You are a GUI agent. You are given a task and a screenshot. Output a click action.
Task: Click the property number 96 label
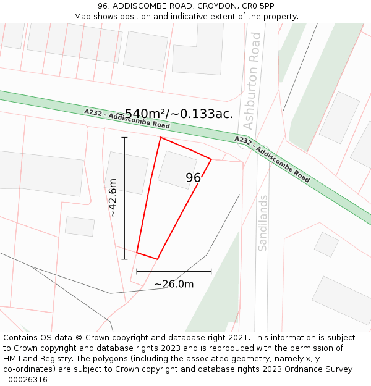pos(194,178)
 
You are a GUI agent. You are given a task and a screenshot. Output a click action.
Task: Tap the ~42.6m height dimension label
pos(113,198)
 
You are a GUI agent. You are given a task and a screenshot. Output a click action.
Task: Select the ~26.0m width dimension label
pos(174,284)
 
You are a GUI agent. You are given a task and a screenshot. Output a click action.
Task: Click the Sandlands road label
pos(263,223)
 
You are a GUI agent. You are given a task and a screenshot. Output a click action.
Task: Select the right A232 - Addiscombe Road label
pos(272,159)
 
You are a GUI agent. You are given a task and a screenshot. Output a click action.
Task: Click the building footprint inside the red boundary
pos(177,169)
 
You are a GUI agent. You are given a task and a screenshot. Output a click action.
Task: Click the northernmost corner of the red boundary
pos(160,137)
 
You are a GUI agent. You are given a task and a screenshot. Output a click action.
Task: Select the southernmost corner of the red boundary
pos(158,259)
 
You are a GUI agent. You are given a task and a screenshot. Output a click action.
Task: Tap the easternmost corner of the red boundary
pos(211,159)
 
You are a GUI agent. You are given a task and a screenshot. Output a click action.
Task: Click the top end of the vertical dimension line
pos(124,137)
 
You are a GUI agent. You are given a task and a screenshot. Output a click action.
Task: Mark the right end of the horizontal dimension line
pos(211,271)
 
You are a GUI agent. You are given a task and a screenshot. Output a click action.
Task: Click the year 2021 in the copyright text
pos(238,338)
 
